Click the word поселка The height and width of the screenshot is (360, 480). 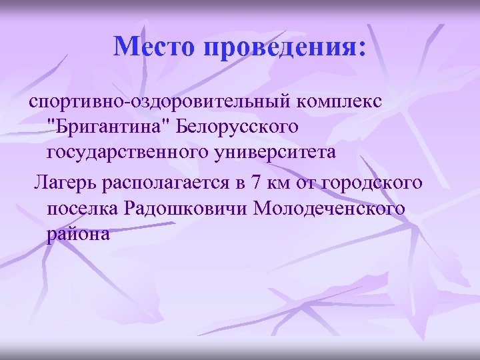coord(83,208)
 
